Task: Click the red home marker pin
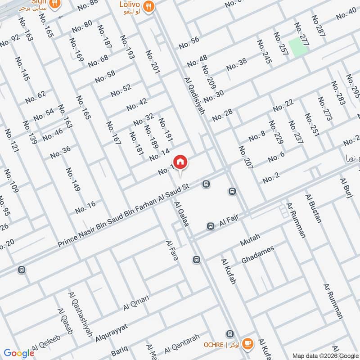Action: (180, 162)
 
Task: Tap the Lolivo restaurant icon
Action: (150, 5)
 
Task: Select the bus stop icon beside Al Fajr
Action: (210, 226)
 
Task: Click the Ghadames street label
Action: (258, 255)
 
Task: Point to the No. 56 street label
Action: (189, 43)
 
